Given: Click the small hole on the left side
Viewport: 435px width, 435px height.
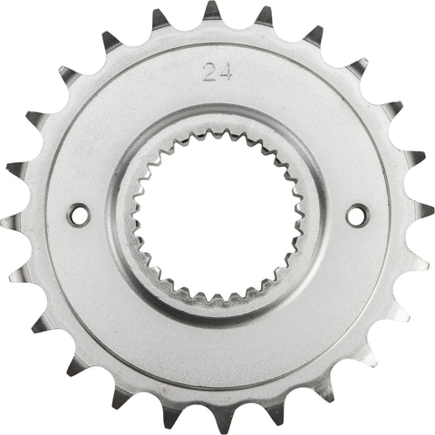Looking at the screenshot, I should coord(79,215).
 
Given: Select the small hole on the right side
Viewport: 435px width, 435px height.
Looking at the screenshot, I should coord(357,215).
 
